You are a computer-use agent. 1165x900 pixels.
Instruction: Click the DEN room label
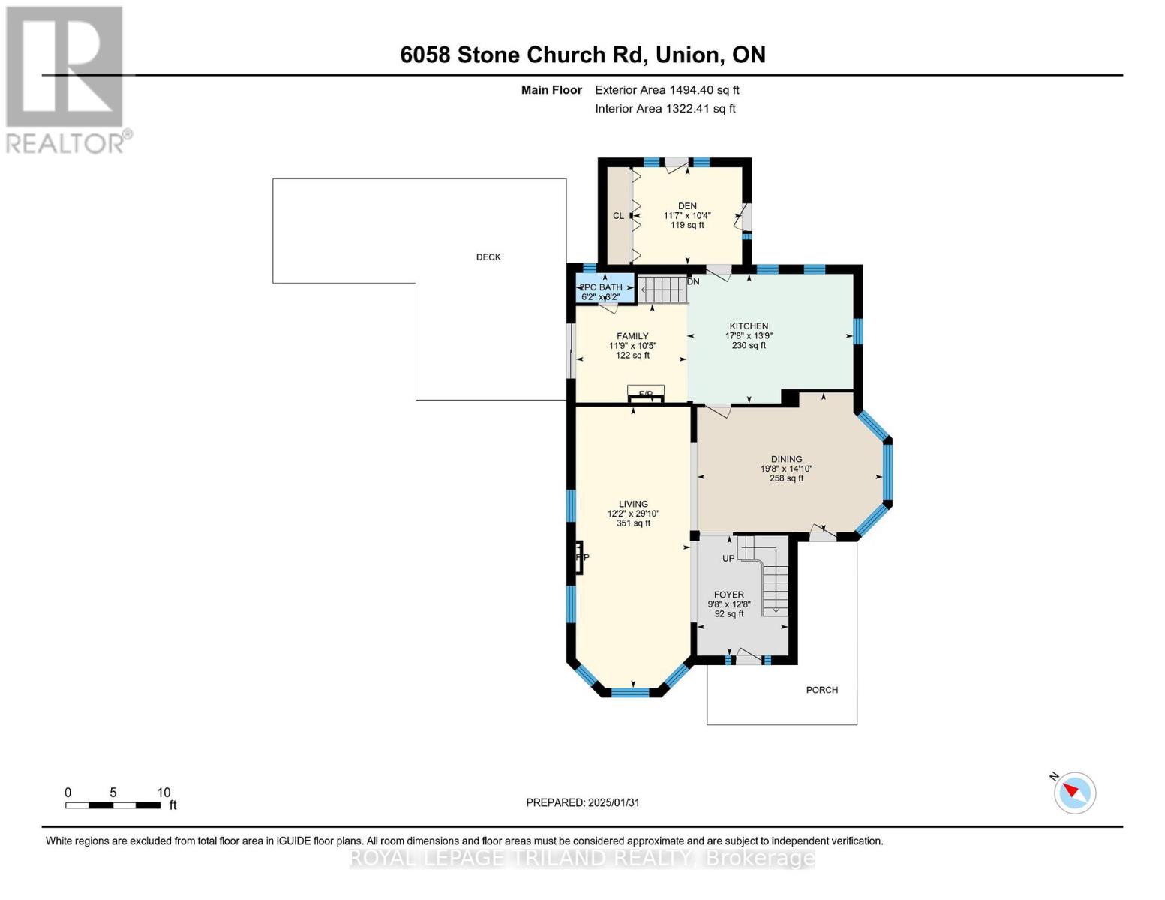point(687,206)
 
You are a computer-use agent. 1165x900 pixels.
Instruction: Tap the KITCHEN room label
point(749,326)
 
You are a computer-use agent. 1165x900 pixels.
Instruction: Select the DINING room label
point(786,459)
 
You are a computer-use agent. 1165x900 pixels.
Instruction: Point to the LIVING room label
point(633,505)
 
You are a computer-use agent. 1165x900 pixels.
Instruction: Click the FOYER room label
point(728,595)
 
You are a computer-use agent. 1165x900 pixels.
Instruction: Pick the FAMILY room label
point(632,336)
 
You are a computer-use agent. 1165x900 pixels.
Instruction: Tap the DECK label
point(488,257)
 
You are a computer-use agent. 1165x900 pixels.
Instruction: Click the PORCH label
point(822,690)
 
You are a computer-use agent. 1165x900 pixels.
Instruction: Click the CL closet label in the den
point(618,216)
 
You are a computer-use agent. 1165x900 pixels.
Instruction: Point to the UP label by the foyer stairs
point(728,559)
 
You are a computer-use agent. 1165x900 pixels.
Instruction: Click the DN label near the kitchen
point(693,282)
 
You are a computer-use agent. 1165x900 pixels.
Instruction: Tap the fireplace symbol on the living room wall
point(578,557)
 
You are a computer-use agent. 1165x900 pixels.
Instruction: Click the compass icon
point(1074,793)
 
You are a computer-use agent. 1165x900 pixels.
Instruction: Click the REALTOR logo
point(66,79)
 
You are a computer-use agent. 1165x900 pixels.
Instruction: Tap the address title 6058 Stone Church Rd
point(583,55)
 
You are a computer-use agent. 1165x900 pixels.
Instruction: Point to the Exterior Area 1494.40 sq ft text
point(667,90)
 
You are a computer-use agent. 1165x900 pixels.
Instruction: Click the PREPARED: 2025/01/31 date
point(583,802)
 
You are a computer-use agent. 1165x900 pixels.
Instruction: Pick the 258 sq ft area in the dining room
point(786,478)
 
